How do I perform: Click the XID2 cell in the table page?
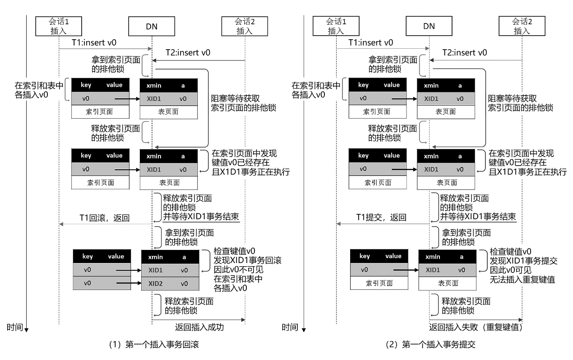tap(156, 283)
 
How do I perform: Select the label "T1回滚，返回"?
tap(104, 218)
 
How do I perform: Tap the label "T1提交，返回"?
tap(381, 217)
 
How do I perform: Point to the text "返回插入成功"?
tap(199, 327)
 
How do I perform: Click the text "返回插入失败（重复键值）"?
tap(476, 327)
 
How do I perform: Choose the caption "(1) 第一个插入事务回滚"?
tap(153, 345)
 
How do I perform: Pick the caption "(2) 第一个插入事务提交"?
tap(430, 345)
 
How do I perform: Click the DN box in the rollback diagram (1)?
tap(152, 26)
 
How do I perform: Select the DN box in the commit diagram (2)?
tap(429, 26)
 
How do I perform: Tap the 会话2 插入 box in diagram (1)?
tap(245, 26)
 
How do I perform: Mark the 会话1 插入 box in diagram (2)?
tap(336, 26)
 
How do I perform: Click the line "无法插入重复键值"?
tap(522, 279)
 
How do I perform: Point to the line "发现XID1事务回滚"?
tap(247, 260)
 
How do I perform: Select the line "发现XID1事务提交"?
tap(523, 261)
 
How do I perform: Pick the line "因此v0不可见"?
tap(238, 270)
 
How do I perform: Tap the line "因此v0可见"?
tap(511, 270)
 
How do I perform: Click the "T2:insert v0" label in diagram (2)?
tap(465, 52)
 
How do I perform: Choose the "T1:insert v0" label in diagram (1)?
tap(94, 42)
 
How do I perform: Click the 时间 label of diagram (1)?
tap(15, 327)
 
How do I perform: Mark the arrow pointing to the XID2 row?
tap(129, 283)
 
